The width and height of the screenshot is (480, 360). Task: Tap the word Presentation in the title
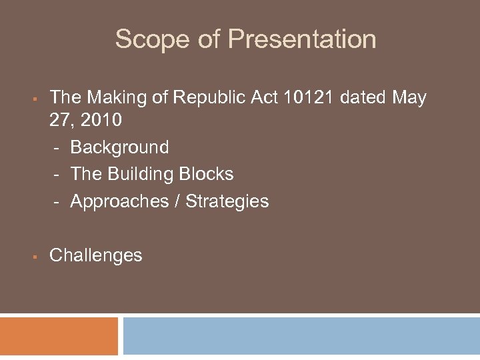point(301,39)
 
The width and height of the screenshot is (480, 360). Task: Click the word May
point(409,98)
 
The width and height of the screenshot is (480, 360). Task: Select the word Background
point(119,147)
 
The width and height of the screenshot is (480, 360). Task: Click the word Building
point(141,174)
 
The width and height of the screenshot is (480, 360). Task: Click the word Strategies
point(227,201)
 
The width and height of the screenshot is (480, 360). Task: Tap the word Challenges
point(96,255)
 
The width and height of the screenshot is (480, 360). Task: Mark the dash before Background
point(58,148)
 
